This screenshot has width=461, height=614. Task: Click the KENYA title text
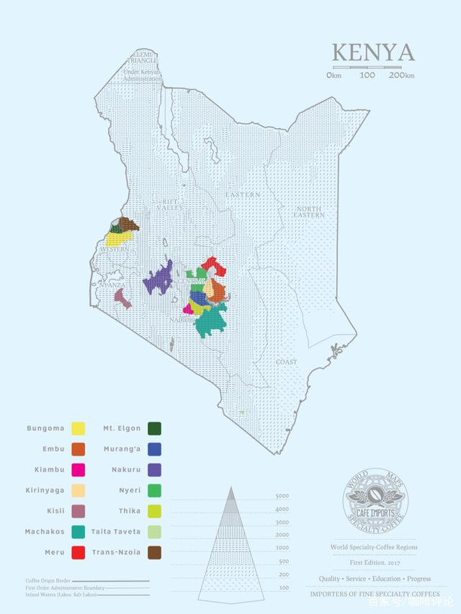tap(372, 53)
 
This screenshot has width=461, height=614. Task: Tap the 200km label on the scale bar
tap(401, 75)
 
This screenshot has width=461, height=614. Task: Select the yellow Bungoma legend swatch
tap(78, 429)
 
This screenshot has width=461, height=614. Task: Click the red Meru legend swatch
tap(78, 553)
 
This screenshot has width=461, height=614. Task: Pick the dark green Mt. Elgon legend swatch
tap(153, 429)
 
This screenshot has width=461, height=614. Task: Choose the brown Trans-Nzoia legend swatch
tap(153, 553)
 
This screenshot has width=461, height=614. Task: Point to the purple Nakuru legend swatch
tap(153, 470)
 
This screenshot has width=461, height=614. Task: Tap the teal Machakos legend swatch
tap(78, 532)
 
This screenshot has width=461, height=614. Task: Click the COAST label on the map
tap(286, 361)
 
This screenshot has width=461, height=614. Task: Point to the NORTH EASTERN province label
tap(308, 212)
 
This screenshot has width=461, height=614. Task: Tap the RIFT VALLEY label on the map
tap(170, 204)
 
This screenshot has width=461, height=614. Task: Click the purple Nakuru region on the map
tap(159, 279)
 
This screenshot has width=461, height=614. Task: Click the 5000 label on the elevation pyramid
tap(282, 497)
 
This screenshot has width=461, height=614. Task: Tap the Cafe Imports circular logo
tap(375, 504)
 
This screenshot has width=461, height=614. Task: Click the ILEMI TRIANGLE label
tap(144, 58)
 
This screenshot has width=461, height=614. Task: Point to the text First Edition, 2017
tap(375, 562)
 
